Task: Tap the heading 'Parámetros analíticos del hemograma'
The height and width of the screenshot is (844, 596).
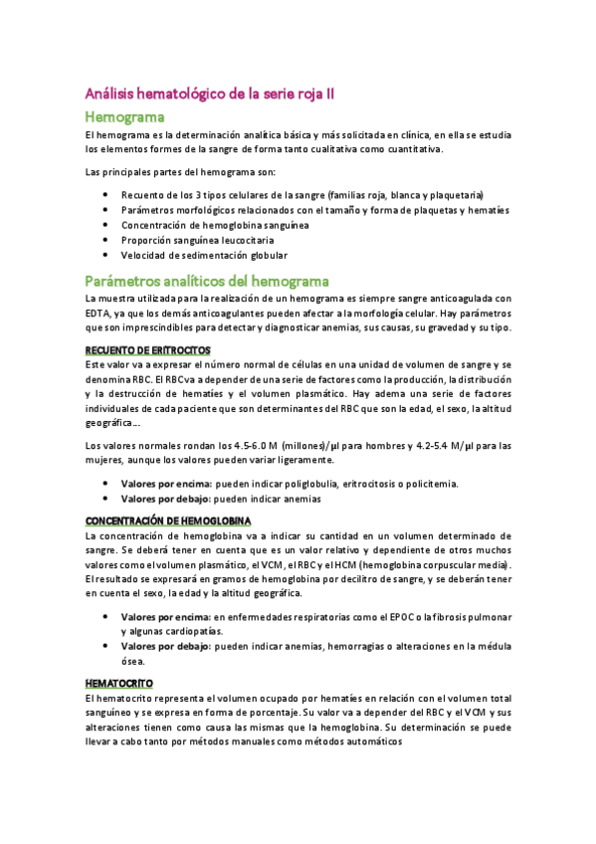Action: pos(207,282)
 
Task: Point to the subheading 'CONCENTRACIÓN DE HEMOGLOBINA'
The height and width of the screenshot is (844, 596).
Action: pos(168,521)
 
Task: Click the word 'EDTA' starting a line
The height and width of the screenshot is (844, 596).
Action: pos(99,314)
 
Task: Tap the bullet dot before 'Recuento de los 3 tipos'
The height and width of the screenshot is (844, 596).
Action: pos(105,195)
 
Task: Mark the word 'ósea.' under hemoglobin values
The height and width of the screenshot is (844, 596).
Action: pos(133,661)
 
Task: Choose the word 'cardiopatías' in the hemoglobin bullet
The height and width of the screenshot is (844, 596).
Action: pos(195,631)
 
